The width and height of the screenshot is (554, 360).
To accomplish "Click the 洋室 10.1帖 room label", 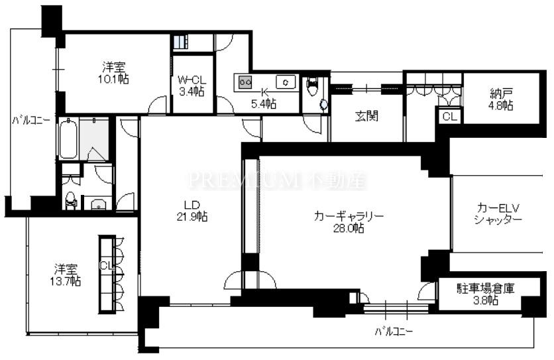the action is pyautogui.click(x=114, y=72).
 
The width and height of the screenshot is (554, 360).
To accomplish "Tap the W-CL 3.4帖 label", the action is pyautogui.click(x=192, y=86).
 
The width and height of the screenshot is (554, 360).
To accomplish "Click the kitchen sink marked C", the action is pyautogui.click(x=286, y=82).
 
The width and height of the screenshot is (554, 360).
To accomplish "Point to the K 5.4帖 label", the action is pyautogui.click(x=264, y=98).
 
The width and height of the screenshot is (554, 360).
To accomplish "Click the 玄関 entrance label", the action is pyautogui.click(x=366, y=115).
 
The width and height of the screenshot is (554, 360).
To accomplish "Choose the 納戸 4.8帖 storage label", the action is pyautogui.click(x=501, y=99).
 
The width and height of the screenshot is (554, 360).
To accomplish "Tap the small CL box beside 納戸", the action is pyautogui.click(x=449, y=116).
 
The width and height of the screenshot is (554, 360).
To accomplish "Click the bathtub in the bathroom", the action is pyautogui.click(x=68, y=139).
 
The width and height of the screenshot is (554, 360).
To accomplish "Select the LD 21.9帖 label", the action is pyautogui.click(x=192, y=210).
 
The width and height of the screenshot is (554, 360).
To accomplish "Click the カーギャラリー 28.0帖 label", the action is pyautogui.click(x=349, y=222).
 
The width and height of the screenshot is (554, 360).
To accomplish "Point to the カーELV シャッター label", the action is pyautogui.click(x=498, y=213).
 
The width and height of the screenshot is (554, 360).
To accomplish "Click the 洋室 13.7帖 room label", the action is pyautogui.click(x=66, y=275).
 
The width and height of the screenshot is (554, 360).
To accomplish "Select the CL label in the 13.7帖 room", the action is pyautogui.click(x=105, y=265).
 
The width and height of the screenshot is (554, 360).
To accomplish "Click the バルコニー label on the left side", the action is pyautogui.click(x=30, y=120).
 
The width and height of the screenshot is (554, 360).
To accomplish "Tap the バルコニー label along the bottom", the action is pyautogui.click(x=394, y=331).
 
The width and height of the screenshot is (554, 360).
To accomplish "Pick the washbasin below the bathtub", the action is pyautogui.click(x=98, y=204).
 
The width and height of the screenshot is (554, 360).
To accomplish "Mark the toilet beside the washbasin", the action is pyautogui.click(x=71, y=200).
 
